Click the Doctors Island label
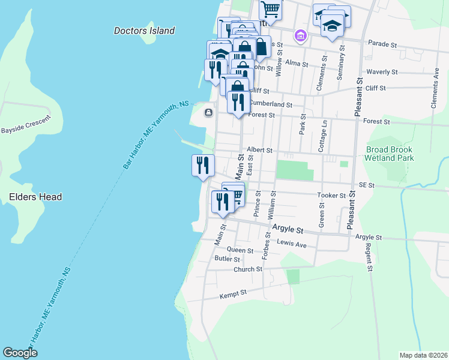tap(144, 31)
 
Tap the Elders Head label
tap(35, 197)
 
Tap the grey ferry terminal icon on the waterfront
tap(209, 112)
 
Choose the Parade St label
tap(383, 44)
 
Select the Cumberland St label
tap(271, 104)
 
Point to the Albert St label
tap(260, 150)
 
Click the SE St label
tap(366, 186)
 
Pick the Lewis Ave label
tap(292, 244)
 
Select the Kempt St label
tap(233, 293)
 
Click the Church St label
tap(248, 269)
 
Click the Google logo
tap(20, 353)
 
